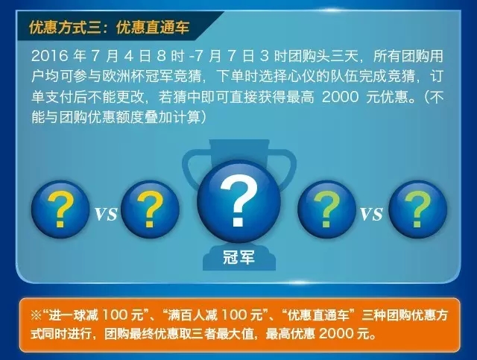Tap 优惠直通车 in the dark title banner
point(153,28)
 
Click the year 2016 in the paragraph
point(50,56)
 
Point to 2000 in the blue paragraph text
point(340,97)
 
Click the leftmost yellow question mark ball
point(60,209)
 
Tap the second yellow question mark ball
point(150,209)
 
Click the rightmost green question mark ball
point(417,209)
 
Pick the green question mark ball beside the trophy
point(326,209)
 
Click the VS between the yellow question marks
point(106,213)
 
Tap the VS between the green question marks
point(371,213)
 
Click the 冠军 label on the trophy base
point(238,258)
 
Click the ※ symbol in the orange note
point(37,315)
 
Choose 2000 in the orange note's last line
point(337,334)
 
